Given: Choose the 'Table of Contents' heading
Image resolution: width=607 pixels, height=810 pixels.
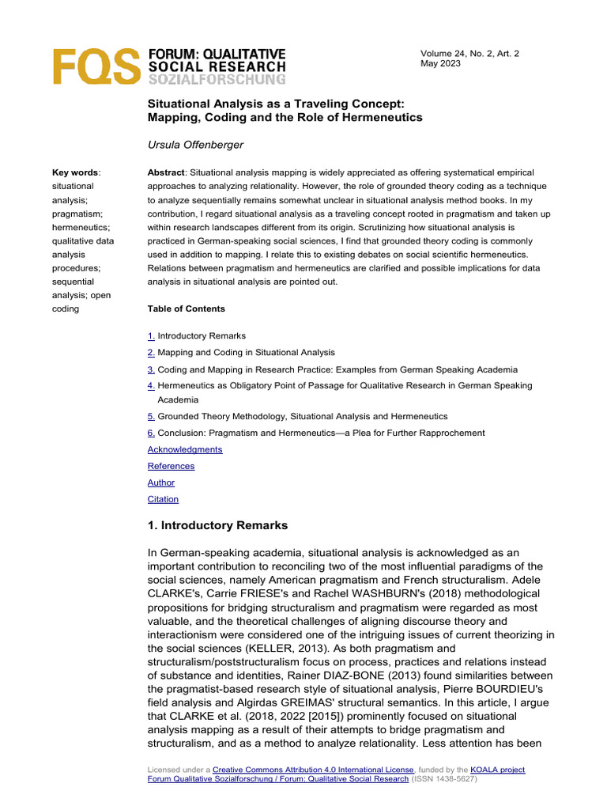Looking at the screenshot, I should click(186, 308).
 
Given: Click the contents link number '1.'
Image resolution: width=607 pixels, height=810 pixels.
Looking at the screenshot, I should click(151, 336).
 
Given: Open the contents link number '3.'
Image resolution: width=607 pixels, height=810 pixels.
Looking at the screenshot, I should click(151, 369).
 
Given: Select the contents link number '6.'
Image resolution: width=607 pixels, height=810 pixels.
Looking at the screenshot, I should click(151, 433).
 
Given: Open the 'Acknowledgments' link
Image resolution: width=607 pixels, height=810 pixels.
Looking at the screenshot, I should click(185, 449).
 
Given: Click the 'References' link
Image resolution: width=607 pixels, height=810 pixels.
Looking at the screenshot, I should click(171, 466).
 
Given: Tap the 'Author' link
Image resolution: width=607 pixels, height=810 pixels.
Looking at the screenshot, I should click(161, 483).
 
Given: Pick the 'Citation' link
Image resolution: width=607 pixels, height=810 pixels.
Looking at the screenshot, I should click(163, 499).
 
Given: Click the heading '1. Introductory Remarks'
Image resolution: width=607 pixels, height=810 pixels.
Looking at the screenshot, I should click(217, 525).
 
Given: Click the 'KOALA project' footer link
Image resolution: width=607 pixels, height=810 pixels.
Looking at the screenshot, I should click(497, 770).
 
